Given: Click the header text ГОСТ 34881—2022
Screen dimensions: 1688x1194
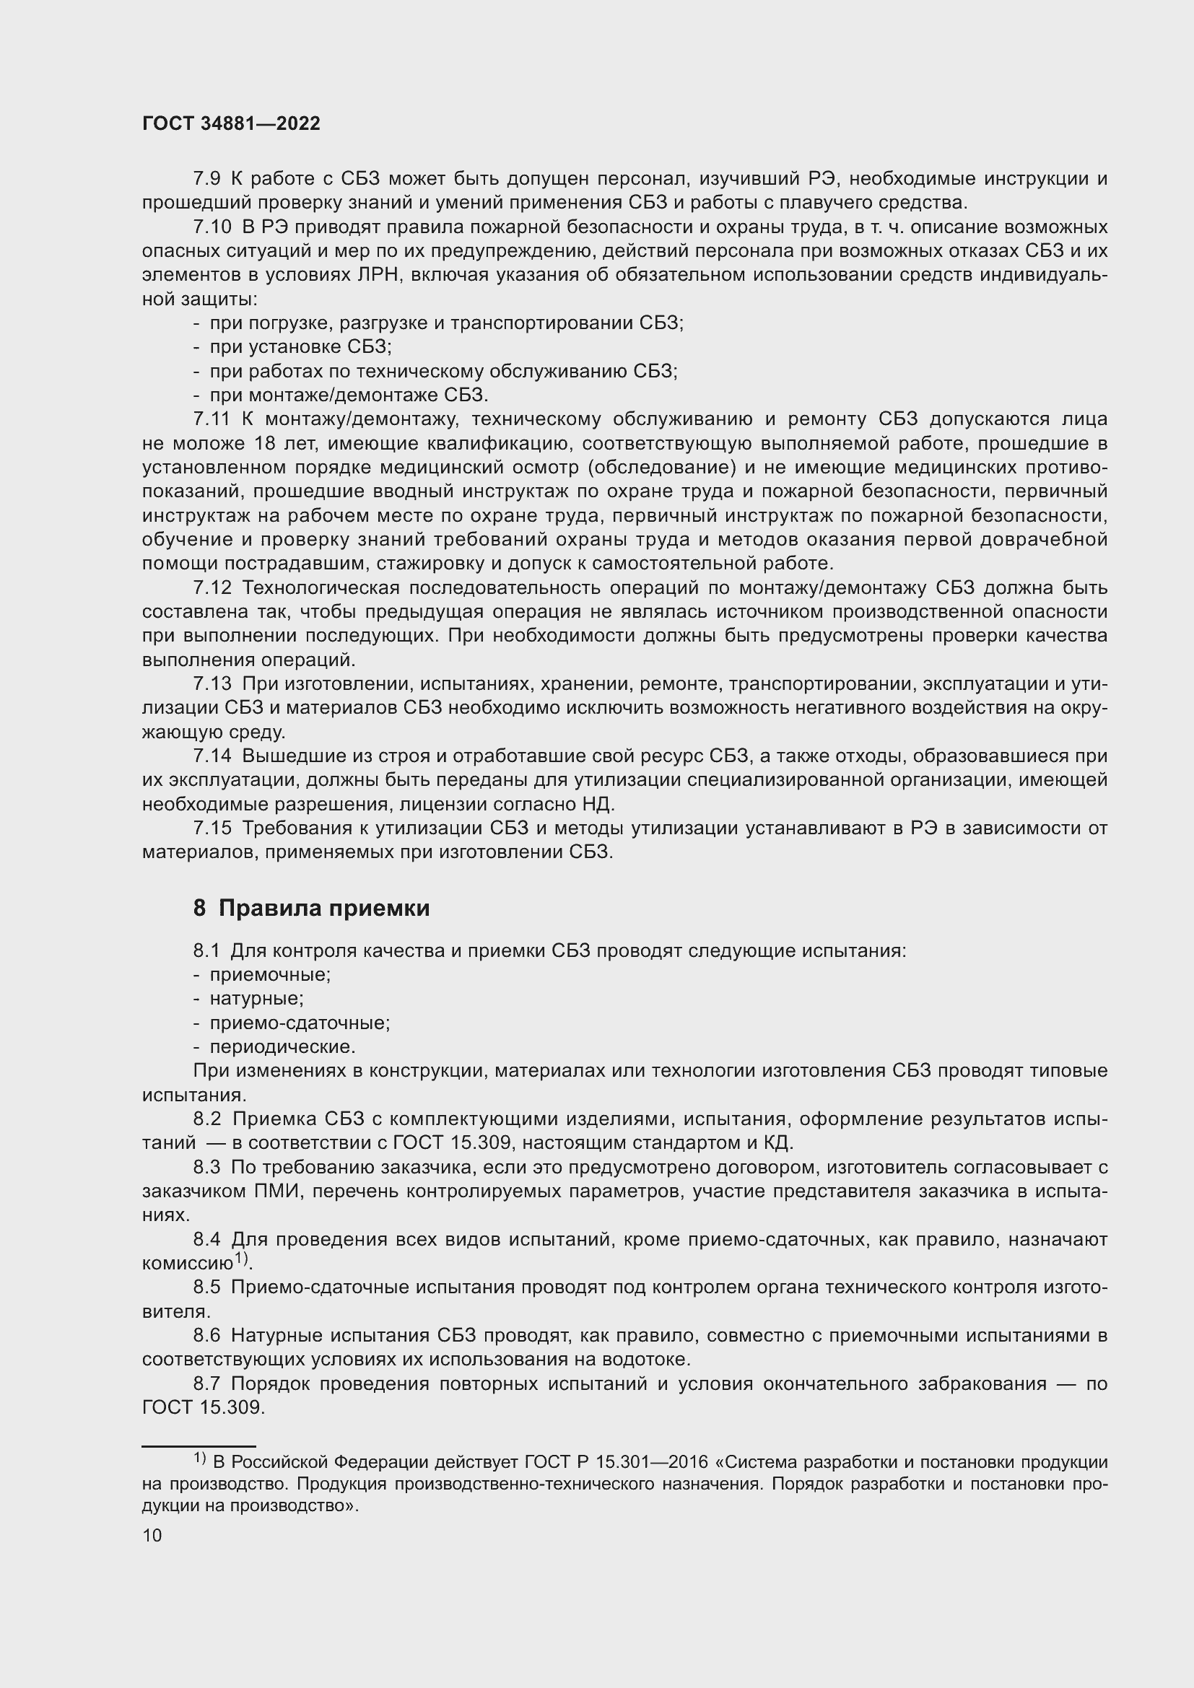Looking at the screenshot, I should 231,123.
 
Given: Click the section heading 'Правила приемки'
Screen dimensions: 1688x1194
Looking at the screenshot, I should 323,909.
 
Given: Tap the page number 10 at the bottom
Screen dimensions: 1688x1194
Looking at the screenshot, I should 152,1535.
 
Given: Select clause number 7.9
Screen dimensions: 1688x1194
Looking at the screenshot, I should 206,179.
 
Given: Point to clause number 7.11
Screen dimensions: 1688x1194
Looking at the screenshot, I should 212,420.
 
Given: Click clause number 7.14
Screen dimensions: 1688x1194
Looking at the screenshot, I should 212,756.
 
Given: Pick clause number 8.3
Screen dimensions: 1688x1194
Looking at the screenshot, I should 206,1168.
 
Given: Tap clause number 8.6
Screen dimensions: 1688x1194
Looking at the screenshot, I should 206,1336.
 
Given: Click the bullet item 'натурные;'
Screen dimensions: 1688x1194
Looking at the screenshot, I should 256,998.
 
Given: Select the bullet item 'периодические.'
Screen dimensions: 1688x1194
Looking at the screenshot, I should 282,1047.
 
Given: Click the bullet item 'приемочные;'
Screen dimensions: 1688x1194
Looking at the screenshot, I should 270,975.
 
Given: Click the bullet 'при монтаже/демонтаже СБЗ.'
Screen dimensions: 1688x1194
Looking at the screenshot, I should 349,395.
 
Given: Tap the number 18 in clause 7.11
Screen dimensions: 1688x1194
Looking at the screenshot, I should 264,444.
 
